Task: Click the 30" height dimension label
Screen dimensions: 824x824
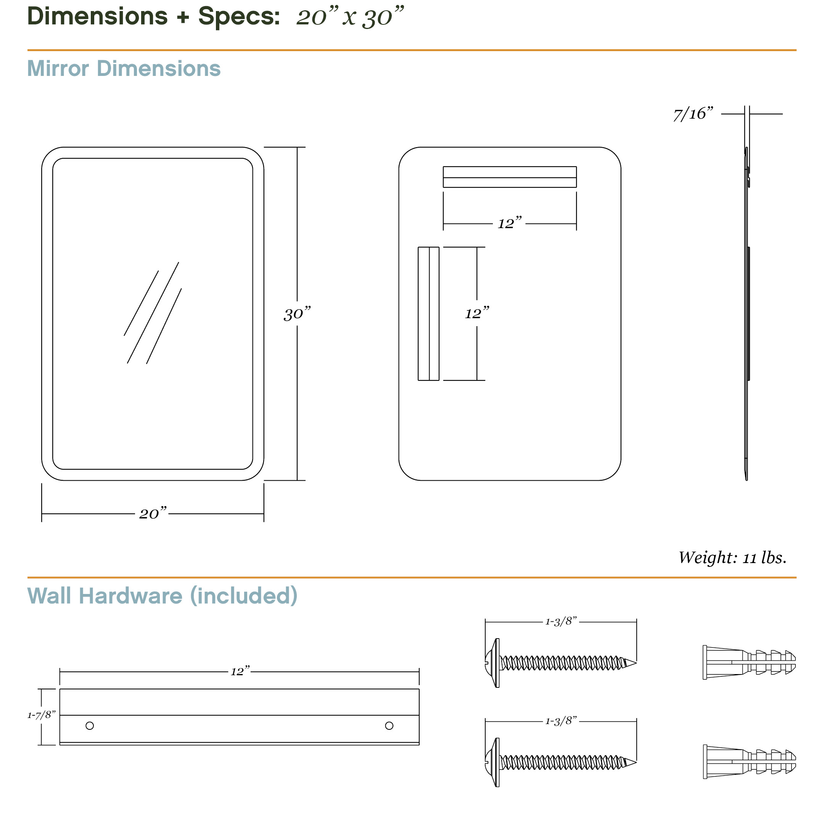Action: [297, 314]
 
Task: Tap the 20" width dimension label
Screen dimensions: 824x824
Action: [153, 513]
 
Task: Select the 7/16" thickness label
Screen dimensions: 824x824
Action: [693, 114]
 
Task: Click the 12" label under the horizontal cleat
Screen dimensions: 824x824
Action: [509, 223]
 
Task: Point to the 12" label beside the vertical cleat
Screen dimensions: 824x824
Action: [476, 314]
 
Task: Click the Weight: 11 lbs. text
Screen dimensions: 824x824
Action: [732, 558]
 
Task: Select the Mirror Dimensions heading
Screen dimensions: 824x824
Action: [124, 69]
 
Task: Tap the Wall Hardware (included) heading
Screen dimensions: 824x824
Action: [162, 596]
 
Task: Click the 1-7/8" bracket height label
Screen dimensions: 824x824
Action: [41, 715]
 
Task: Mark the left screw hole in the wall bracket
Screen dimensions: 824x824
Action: [90, 726]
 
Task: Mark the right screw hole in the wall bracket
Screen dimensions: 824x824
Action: [389, 726]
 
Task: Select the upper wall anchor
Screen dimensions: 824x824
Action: [748, 662]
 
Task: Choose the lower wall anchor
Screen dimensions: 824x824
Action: [748, 762]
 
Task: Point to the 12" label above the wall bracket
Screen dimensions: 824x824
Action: [240, 672]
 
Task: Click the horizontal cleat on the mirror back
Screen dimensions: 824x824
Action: [509, 177]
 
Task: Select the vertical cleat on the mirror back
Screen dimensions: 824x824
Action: [428, 314]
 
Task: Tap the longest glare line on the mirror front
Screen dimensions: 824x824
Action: [153, 313]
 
